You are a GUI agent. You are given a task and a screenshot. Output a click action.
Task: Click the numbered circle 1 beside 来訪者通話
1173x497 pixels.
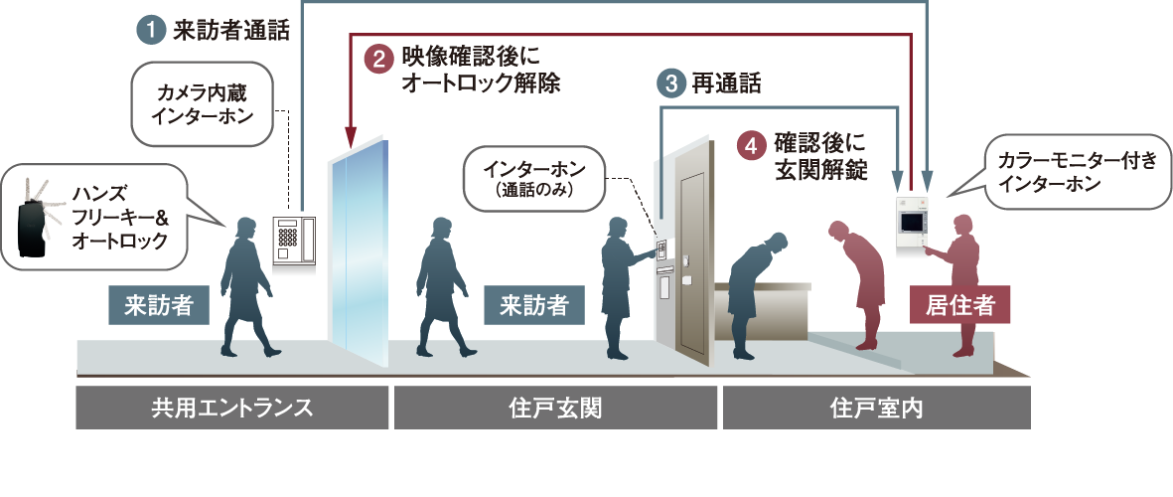point(150,31)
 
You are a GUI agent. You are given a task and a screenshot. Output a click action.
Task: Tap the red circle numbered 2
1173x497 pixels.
point(378,60)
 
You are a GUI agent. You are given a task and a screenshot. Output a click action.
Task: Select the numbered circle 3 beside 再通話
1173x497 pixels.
point(670,83)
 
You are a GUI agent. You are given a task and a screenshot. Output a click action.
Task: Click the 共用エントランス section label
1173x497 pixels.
point(231,408)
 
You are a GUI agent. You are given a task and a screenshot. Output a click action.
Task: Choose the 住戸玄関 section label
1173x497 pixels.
point(554,408)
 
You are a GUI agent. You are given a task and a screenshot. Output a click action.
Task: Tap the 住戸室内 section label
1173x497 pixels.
point(876,408)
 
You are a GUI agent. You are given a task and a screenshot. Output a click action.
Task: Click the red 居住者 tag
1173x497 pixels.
point(959,305)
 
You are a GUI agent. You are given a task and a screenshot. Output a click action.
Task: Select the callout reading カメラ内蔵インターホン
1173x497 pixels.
point(202,104)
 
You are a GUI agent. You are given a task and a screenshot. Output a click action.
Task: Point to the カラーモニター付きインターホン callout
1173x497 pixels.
point(1076,171)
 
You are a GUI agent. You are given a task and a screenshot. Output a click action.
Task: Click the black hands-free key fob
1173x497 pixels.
point(35,217)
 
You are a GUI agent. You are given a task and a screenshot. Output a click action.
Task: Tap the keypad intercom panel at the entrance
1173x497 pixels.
point(293,240)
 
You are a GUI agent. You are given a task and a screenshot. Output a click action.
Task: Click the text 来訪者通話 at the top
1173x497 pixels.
point(230,31)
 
